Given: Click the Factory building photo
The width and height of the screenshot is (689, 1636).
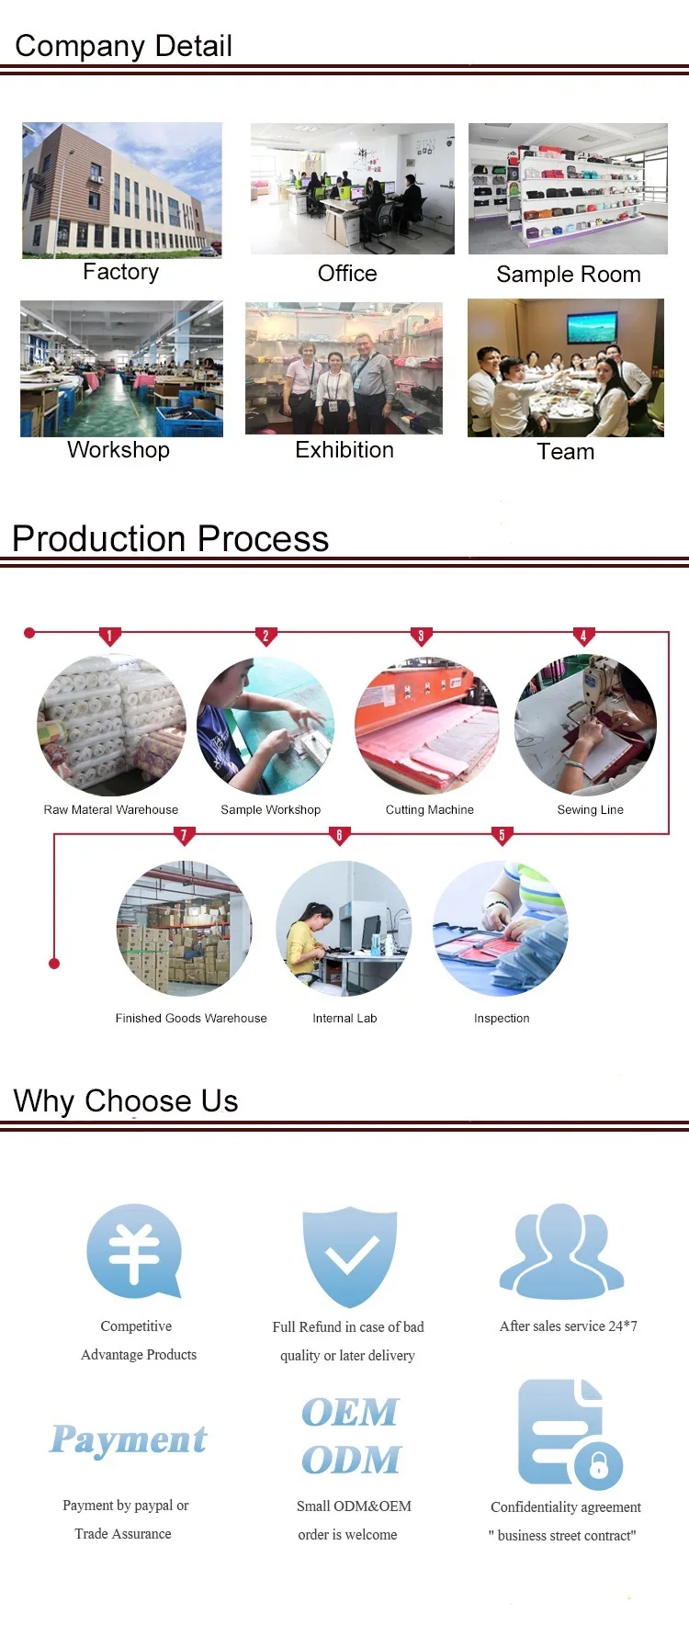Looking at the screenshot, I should click(x=122, y=190).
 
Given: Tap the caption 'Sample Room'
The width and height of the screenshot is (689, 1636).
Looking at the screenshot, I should click(x=569, y=275).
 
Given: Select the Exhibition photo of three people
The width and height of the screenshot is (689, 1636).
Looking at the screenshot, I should click(x=344, y=368).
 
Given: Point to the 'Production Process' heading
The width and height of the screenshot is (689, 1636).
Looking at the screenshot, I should click(x=170, y=538).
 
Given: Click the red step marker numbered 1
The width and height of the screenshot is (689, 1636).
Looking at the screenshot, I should click(x=109, y=636).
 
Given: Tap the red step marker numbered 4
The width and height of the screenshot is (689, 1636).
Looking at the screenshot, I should click(x=583, y=636).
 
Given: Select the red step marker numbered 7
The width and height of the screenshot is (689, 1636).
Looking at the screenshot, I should click(x=184, y=835).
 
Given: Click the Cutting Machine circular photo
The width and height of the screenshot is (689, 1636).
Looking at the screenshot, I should click(x=427, y=726).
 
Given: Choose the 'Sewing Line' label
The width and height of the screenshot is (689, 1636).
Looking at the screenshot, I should click(x=590, y=810).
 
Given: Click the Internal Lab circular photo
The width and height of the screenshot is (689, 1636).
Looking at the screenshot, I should click(x=344, y=929).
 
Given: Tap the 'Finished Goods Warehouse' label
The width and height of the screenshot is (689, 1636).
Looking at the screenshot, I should click(x=191, y=1019).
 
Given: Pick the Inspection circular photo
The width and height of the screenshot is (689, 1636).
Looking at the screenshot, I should click(x=501, y=929).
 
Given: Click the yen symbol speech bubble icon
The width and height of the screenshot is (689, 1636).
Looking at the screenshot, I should click(x=134, y=1250).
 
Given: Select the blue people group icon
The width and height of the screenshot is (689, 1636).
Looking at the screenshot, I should click(x=562, y=1250).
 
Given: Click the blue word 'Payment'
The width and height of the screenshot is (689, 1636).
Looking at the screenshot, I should click(x=129, y=1439).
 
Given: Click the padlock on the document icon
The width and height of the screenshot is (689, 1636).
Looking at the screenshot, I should click(x=599, y=1464).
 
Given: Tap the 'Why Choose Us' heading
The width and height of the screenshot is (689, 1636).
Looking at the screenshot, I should click(x=126, y=1100).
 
